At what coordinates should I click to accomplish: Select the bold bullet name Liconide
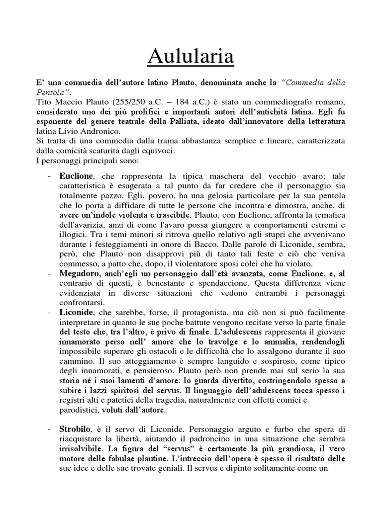(75, 314)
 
